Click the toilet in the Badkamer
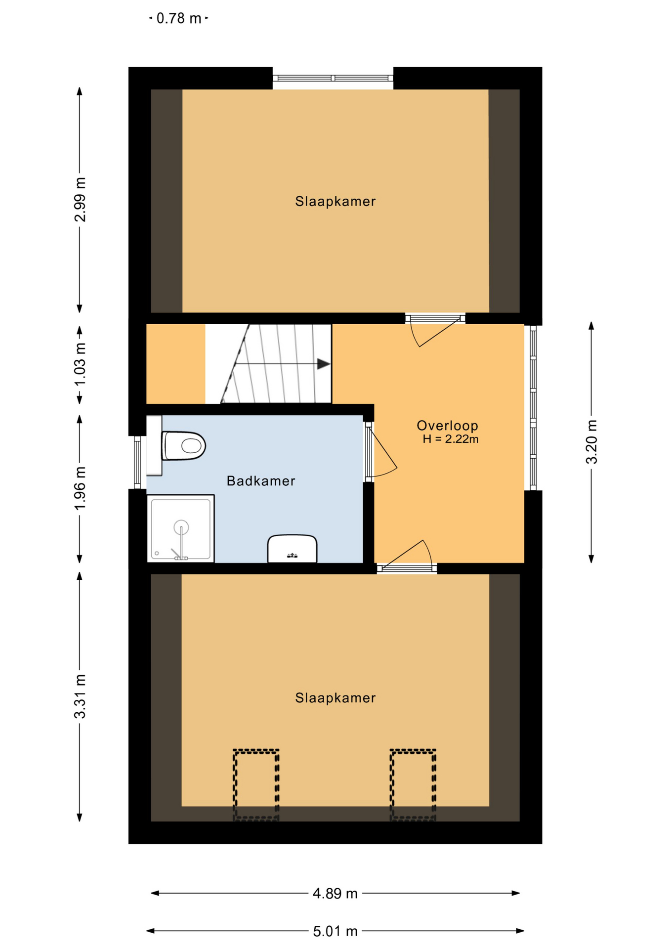pyautogui.click(x=183, y=445)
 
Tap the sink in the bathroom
pyautogui.click(x=292, y=548)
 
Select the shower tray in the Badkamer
pyautogui.click(x=181, y=528)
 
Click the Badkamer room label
pyautogui.click(x=261, y=481)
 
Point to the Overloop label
pyautogui.click(x=447, y=426)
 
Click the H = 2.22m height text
pyautogui.click(x=451, y=439)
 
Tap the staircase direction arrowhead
pyautogui.click(x=324, y=364)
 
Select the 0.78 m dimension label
pyautogui.click(x=179, y=18)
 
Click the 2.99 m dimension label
pyautogui.click(x=80, y=200)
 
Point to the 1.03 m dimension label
pyautogui.click(x=80, y=365)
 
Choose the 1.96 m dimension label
pyautogui.click(x=80, y=488)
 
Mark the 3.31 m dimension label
pyautogui.click(x=80, y=696)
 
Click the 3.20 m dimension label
pyautogui.click(x=591, y=442)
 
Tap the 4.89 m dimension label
pyautogui.click(x=335, y=894)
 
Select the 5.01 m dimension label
pyautogui.click(x=335, y=932)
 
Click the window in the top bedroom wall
pyautogui.click(x=333, y=78)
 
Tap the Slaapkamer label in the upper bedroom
pyautogui.click(x=335, y=201)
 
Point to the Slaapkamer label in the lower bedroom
pyautogui.click(x=335, y=698)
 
